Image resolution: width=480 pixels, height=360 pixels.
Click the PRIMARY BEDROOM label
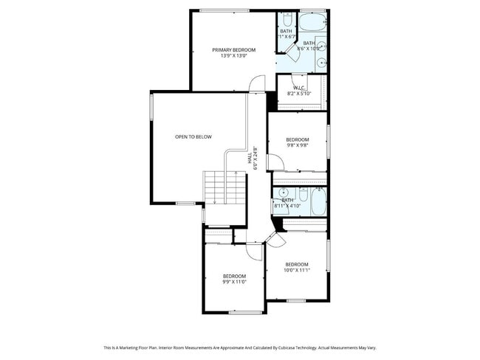233,49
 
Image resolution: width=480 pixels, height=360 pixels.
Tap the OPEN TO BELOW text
193,136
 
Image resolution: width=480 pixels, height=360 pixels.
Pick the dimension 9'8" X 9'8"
297,145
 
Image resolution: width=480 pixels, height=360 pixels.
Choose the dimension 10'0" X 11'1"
297,271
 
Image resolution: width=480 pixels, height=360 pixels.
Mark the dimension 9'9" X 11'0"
233,281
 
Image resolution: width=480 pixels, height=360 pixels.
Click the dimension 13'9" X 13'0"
233,56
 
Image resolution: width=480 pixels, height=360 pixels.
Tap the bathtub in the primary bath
313,20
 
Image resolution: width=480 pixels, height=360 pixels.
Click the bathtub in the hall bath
318,201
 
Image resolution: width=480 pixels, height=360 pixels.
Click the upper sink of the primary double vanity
322,41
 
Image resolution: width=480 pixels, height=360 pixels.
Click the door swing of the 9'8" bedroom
272,161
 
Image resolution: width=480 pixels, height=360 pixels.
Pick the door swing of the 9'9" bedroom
253,250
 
